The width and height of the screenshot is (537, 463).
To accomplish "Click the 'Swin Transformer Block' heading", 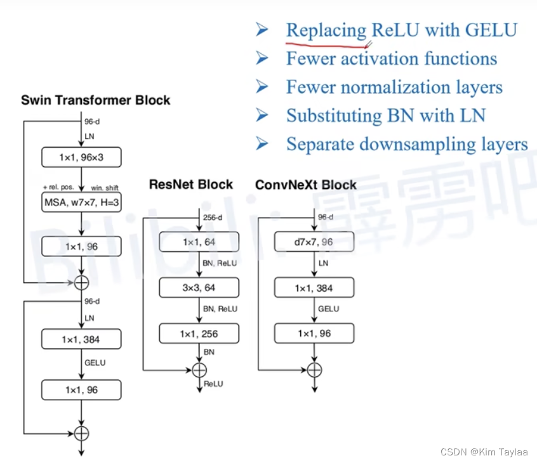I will point(95,100).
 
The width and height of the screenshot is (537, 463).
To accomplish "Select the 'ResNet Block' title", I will point(191,185).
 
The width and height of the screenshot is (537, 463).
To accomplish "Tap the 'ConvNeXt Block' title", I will point(305,185).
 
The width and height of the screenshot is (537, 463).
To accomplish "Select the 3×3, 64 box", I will point(199,288).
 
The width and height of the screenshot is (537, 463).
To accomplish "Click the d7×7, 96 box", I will point(313,242).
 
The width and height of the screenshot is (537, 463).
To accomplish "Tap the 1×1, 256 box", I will point(199,334).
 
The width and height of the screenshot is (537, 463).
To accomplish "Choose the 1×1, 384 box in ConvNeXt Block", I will point(313,288).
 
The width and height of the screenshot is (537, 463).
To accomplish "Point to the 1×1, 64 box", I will point(199,242).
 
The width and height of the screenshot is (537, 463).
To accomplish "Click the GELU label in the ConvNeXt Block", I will point(328,309).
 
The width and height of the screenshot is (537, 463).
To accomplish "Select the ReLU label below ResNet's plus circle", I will point(213,384).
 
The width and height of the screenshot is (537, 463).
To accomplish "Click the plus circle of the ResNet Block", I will point(199,370).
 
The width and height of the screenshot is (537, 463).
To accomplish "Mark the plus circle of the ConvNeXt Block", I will point(313,370).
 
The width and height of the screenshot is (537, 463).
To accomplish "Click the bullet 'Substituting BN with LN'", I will point(385,115).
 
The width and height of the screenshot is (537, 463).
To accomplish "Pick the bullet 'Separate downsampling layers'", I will point(406,144).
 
